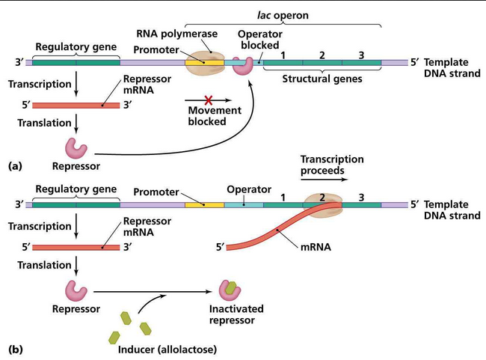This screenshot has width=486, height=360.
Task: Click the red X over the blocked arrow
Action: point(209,100)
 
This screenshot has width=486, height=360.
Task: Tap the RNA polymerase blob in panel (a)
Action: point(205,62)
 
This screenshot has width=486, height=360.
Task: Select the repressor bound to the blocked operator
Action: point(243,66)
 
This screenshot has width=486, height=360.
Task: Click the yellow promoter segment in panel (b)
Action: point(205,205)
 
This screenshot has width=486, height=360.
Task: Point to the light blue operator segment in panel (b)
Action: point(244,205)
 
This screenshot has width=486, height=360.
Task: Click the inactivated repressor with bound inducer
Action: point(230,290)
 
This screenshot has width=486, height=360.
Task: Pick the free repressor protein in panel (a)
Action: point(76,148)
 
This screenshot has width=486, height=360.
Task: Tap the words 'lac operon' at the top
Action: point(283,15)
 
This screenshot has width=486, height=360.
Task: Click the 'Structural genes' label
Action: point(322,79)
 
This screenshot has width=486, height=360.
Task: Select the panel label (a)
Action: point(15,166)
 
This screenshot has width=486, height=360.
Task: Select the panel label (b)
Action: point(15,350)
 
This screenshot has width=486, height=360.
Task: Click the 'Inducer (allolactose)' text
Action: point(167,350)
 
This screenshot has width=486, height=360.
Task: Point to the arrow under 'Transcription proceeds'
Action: point(324,180)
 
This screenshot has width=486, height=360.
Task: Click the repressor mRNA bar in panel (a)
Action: point(76,106)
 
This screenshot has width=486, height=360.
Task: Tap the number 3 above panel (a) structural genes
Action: point(361,55)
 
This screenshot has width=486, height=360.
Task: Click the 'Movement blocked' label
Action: point(215,116)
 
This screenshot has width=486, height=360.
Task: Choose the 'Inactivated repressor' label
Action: point(236,314)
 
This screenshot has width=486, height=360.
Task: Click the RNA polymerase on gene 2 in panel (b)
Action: point(323,205)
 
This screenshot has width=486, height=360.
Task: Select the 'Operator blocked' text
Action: point(260,40)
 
